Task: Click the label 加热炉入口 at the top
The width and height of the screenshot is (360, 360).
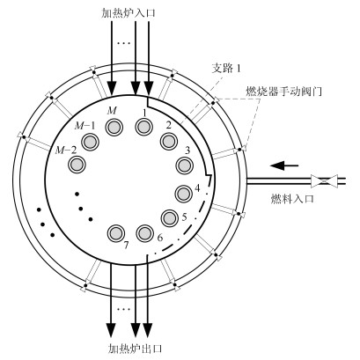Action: (129, 13)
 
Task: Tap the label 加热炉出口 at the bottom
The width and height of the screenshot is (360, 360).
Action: (135, 349)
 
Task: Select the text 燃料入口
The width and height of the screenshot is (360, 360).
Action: (292, 199)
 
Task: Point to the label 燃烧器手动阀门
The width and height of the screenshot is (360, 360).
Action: (283, 92)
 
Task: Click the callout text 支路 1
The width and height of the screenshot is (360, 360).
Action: (226, 69)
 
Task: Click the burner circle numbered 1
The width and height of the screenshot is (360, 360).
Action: (144, 127)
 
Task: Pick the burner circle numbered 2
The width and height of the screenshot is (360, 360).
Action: (169, 141)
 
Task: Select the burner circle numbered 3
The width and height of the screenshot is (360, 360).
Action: (184, 165)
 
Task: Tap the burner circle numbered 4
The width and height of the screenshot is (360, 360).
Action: (184, 194)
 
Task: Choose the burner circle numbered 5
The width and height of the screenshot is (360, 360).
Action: (170, 218)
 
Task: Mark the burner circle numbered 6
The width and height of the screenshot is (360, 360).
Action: (145, 233)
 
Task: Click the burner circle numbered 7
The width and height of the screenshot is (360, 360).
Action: (116, 233)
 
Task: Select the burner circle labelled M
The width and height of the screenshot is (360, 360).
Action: (114, 127)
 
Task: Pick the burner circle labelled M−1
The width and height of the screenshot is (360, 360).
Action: (90, 143)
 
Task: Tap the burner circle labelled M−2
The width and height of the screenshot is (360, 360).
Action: (77, 164)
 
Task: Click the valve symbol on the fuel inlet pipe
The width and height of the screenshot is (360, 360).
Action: (324, 181)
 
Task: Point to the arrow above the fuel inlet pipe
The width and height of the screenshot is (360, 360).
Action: (284, 165)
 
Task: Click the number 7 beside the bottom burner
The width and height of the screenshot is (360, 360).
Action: (126, 246)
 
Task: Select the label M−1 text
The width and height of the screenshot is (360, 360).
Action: (84, 126)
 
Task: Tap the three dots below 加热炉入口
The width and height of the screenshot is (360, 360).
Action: (123, 43)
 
